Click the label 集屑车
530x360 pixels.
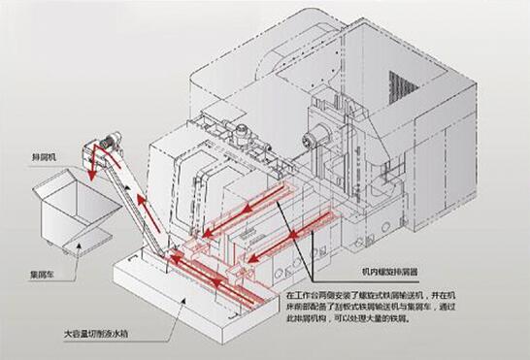point(41,276)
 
